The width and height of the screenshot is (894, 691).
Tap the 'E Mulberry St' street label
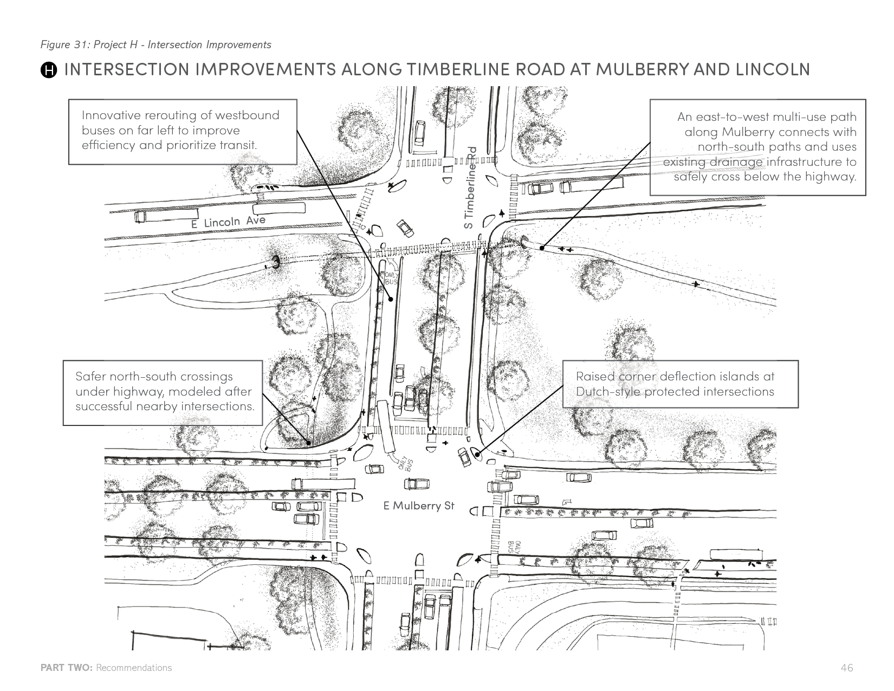pos(419,506)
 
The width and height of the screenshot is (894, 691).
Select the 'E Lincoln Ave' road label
pos(228,222)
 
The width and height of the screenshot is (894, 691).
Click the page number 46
pos(847,668)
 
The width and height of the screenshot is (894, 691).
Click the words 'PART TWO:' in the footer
pos(67,668)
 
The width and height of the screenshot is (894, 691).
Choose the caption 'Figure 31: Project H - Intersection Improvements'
pos(156,44)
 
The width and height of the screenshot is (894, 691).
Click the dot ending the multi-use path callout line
pos(542,248)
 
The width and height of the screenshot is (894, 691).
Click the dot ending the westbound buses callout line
pos(391,298)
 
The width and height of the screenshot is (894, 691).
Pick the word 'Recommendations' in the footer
pos(134,668)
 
